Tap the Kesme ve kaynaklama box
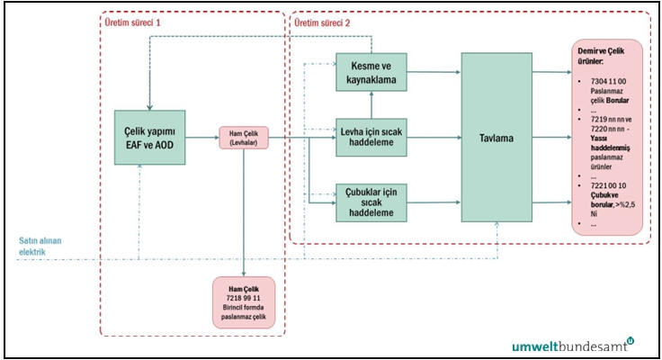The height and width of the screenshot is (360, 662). pos(371,72)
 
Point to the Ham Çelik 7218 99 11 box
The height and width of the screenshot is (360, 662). pos(245,301)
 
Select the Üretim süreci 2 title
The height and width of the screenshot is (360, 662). pos(324,21)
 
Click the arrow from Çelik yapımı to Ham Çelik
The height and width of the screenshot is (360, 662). pos(202,139)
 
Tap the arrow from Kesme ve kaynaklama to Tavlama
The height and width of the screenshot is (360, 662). pos(434,72)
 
